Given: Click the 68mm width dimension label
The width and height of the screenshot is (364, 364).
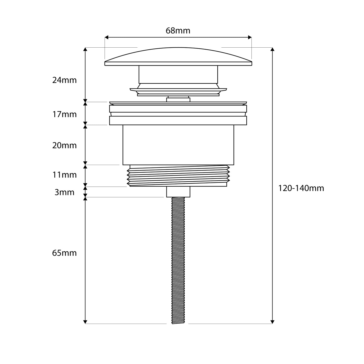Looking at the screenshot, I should click(178, 31).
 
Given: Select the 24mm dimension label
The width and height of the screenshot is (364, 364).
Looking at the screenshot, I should click(64, 80).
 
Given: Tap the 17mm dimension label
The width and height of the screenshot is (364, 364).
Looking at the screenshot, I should click(64, 114).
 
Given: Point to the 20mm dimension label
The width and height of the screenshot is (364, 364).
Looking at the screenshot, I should click(64, 146).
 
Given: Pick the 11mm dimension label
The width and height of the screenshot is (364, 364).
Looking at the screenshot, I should click(64, 175).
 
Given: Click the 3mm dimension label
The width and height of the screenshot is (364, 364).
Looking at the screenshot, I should click(64, 192).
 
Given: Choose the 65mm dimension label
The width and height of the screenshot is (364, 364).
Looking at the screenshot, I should click(64, 253).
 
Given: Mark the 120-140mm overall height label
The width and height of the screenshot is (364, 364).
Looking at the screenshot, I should click(301, 188).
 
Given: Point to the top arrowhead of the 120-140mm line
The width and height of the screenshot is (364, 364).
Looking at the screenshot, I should click(272, 49).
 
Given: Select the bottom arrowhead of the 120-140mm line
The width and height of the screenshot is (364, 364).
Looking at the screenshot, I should click(272, 322).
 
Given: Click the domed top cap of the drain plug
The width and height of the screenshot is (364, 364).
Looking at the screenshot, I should click(178, 56).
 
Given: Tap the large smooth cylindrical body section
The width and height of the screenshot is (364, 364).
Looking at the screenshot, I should click(178, 145).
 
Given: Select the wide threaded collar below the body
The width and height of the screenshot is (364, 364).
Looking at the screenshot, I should click(178, 176).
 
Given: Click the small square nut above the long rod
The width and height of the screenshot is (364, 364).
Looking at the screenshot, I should click(178, 192).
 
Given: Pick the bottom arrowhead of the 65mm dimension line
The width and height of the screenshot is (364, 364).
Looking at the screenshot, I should click(85, 322).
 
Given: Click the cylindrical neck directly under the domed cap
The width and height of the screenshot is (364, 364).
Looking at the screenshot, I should click(178, 74).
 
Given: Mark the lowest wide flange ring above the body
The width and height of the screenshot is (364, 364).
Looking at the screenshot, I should click(178, 121).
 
